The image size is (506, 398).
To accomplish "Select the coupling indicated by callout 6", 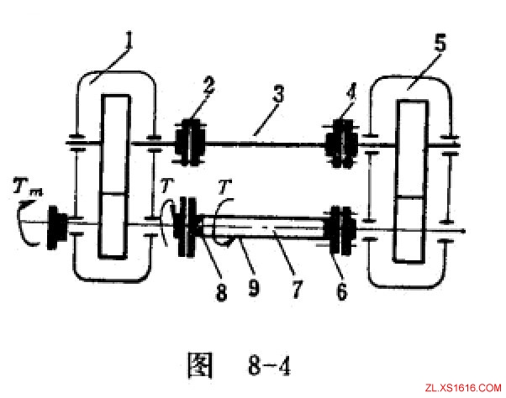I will (340, 228).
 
